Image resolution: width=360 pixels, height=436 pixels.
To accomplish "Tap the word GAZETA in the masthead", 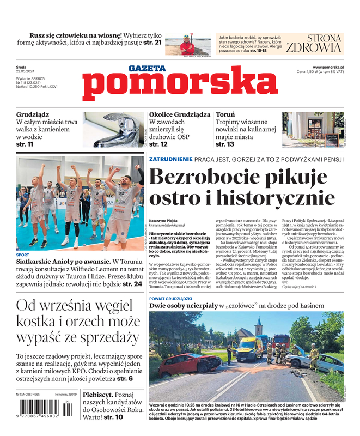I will coord(147,69).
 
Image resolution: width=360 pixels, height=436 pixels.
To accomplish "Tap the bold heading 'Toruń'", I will coord(225,115).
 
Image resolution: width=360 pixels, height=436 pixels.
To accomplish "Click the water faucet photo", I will coord(113,130).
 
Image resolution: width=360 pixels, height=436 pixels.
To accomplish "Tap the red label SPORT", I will coord(23,255).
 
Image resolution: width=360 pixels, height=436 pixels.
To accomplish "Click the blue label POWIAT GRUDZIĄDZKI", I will coord(170,299).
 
